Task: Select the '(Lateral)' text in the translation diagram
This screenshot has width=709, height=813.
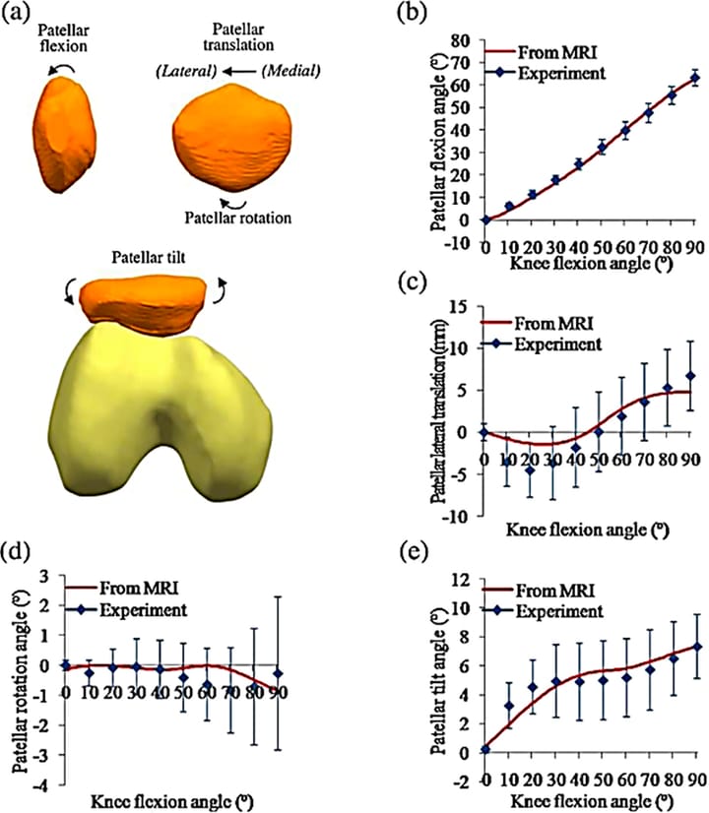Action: (181, 71)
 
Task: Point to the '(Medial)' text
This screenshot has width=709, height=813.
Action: (290, 71)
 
